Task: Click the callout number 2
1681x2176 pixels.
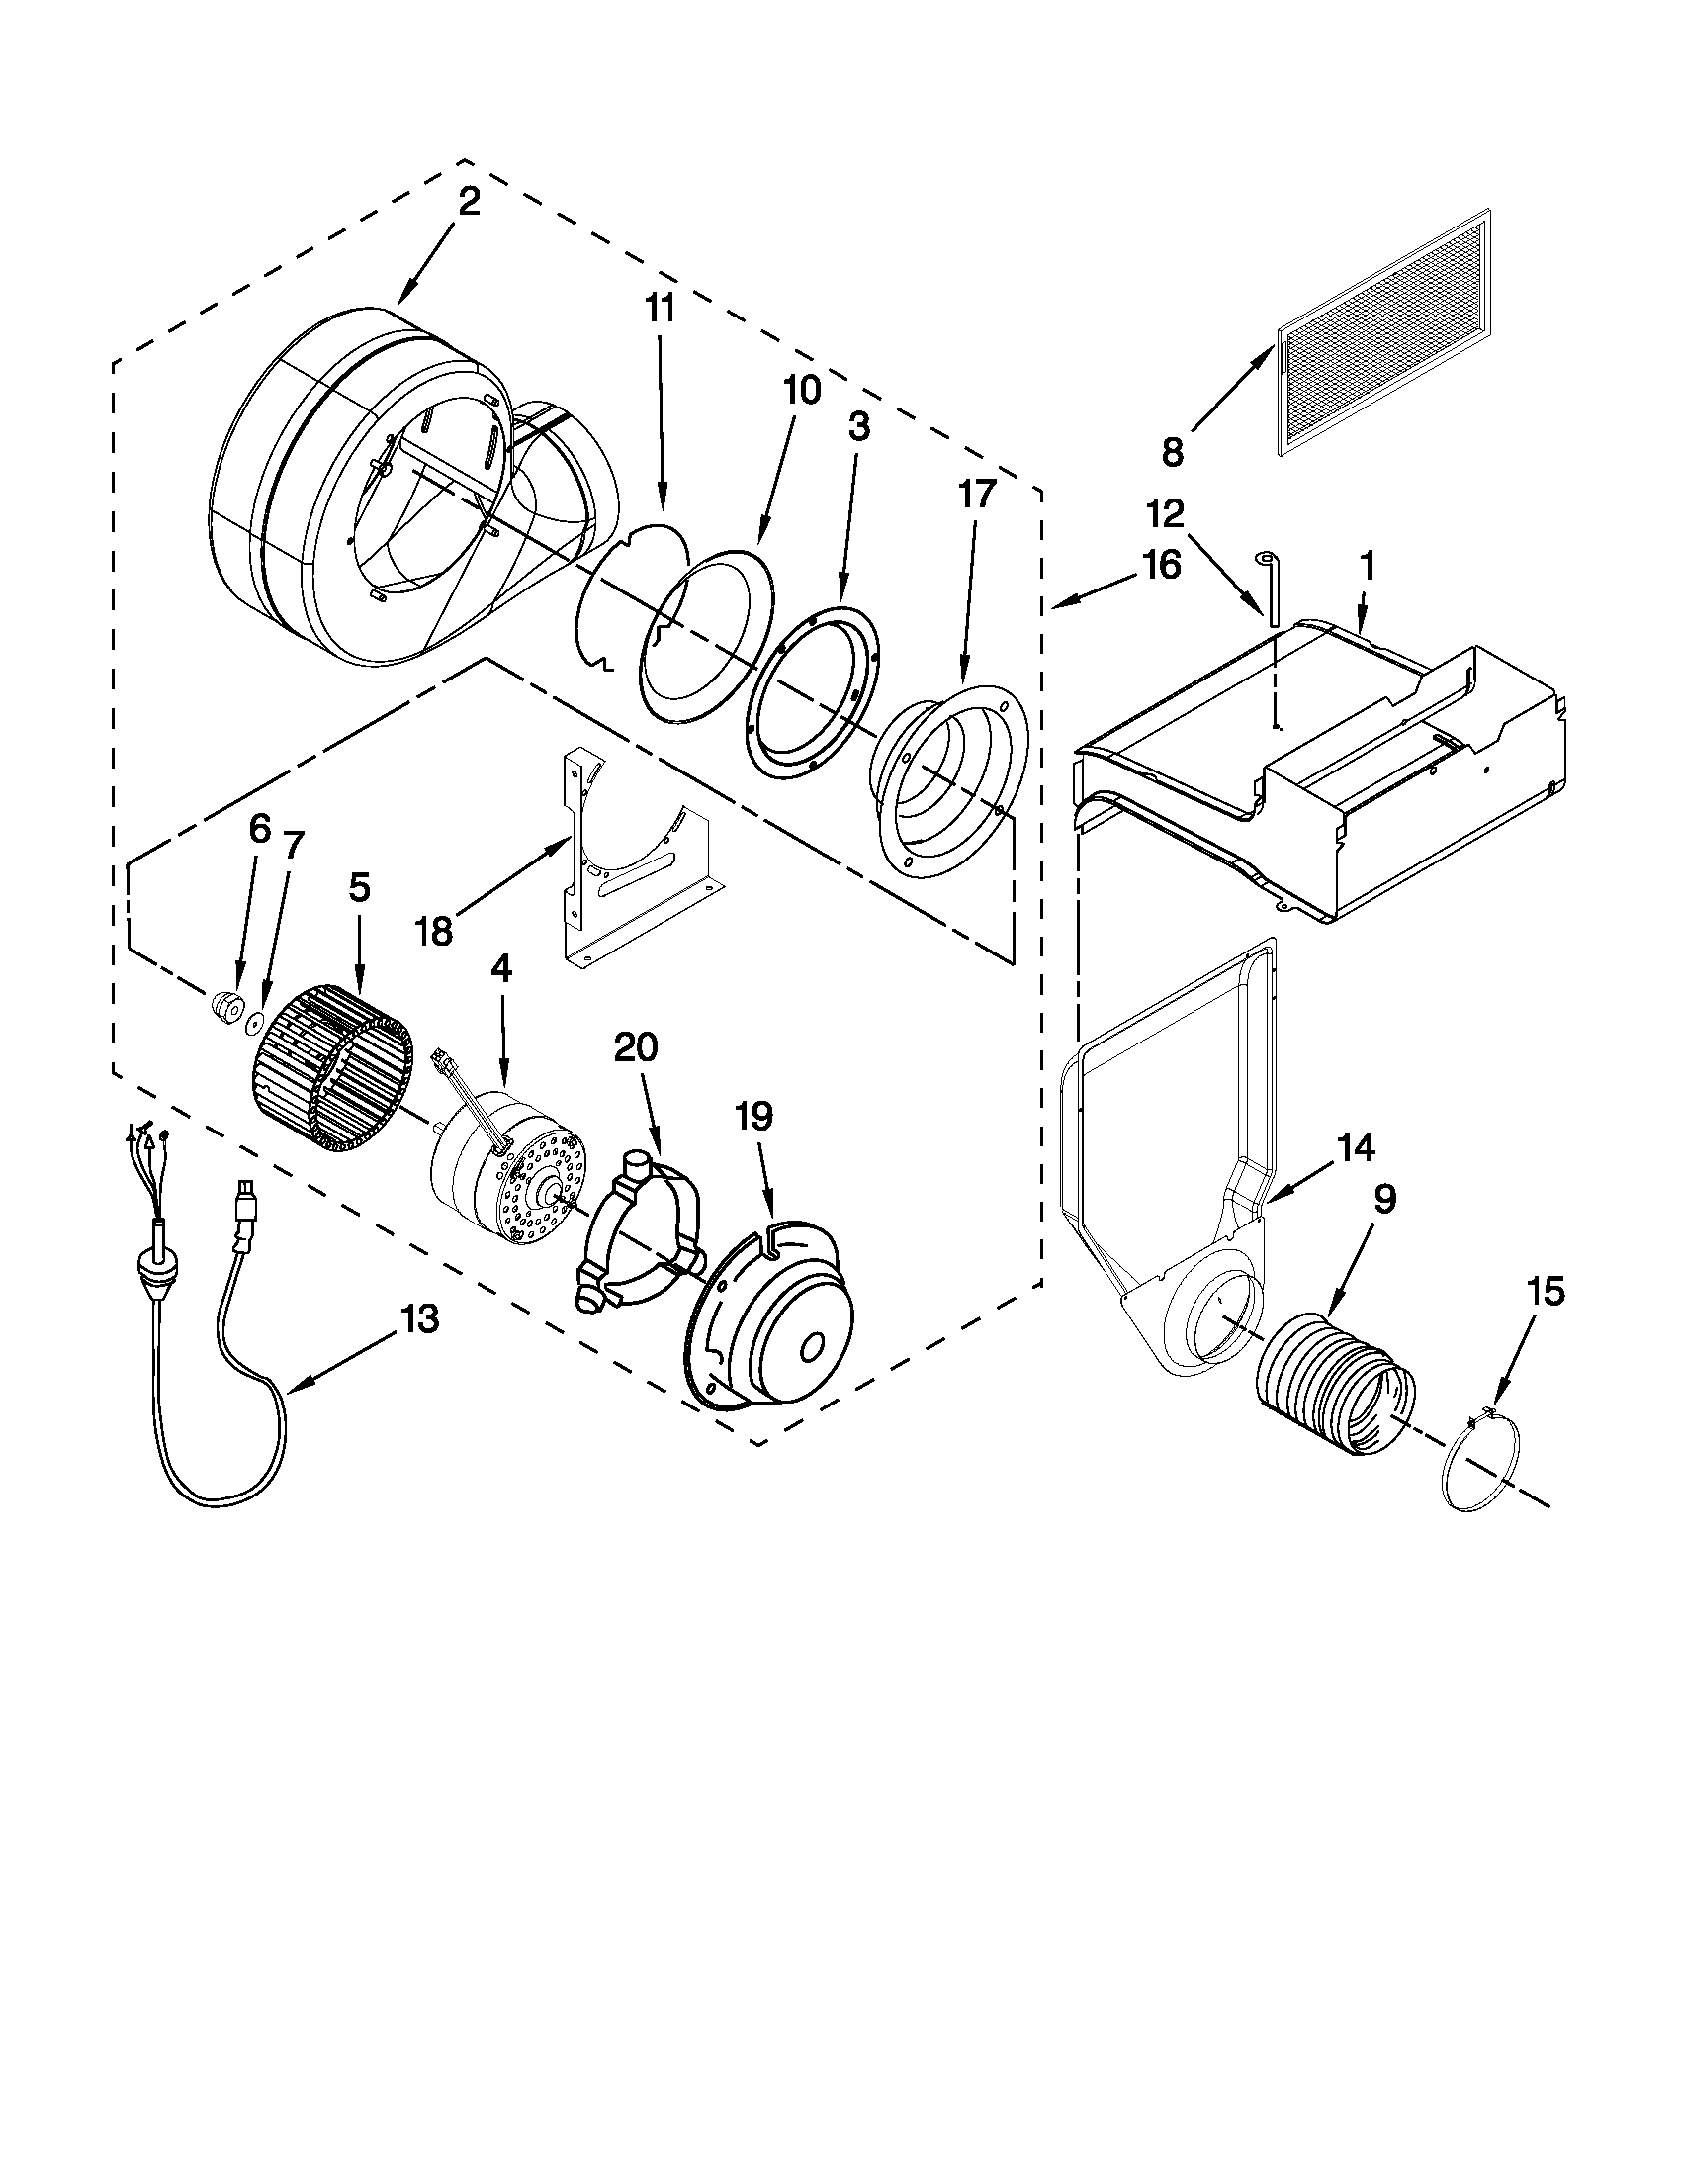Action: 468,202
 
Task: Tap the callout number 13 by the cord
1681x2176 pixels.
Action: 419,1320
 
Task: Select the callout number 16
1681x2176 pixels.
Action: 1161,565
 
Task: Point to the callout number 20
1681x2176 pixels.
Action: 637,1048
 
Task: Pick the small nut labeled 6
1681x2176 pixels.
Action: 227,1008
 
